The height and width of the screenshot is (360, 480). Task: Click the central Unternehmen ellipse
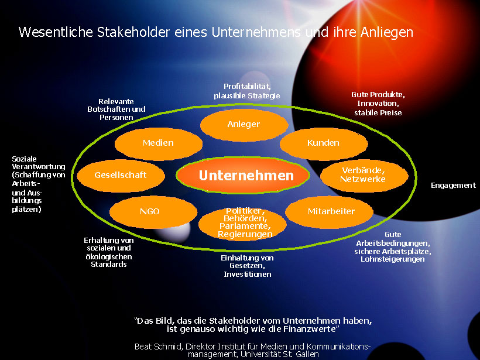point(243,175)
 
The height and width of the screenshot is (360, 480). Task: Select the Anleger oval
point(244,125)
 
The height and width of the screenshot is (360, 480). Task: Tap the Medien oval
point(158,143)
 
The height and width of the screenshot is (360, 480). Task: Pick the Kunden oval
point(324,143)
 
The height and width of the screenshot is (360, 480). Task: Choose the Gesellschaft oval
point(121,176)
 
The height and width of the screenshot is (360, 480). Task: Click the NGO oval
point(153,212)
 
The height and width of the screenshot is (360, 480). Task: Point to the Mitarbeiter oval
point(329,212)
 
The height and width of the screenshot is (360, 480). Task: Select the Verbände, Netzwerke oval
point(364,176)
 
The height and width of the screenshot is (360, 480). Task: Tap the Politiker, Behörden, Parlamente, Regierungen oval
point(242,223)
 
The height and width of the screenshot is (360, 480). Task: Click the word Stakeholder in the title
point(133,32)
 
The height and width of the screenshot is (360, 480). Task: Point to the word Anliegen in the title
point(386,32)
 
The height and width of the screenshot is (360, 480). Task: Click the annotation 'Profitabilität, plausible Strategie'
point(247,91)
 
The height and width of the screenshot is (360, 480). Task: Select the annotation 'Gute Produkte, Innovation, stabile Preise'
point(378,104)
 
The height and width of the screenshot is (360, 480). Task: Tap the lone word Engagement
point(454,186)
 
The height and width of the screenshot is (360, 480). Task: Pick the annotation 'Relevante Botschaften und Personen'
point(116,109)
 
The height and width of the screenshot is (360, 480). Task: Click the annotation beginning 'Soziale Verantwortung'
point(39,184)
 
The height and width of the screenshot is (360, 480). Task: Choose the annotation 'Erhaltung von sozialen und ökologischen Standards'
point(109,252)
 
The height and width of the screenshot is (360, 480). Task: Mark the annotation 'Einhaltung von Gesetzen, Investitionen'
point(248,266)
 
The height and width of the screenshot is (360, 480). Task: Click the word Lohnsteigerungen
point(393,259)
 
